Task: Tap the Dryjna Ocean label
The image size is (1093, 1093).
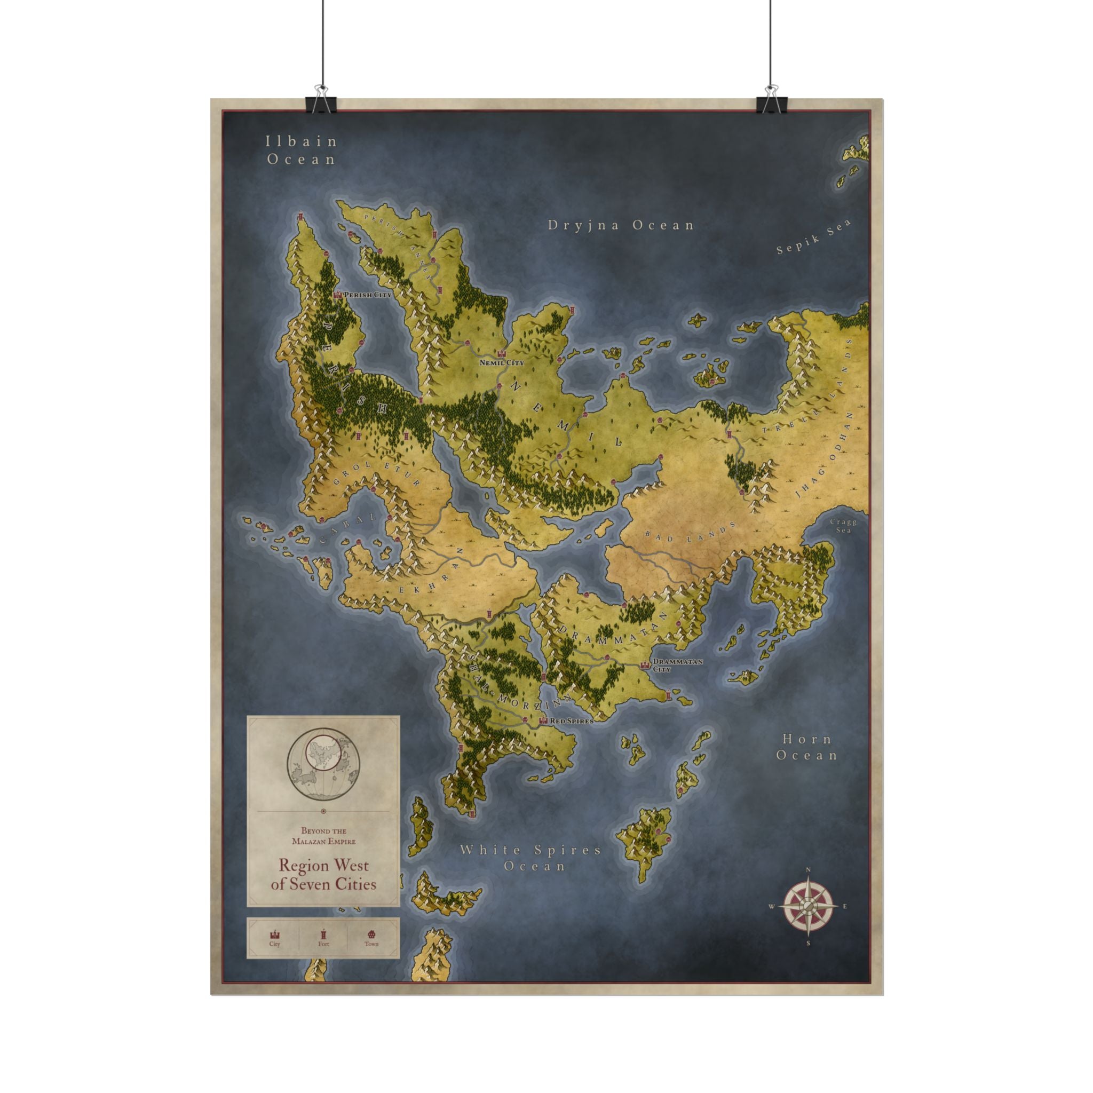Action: coord(621,225)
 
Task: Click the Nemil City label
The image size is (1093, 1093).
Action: coord(501,362)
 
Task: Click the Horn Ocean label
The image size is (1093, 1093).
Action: coord(807,747)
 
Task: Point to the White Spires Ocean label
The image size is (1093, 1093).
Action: coord(530,858)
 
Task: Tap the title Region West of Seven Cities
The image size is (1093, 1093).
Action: coord(323,874)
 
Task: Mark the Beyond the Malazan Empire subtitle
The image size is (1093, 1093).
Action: coord(323,836)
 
